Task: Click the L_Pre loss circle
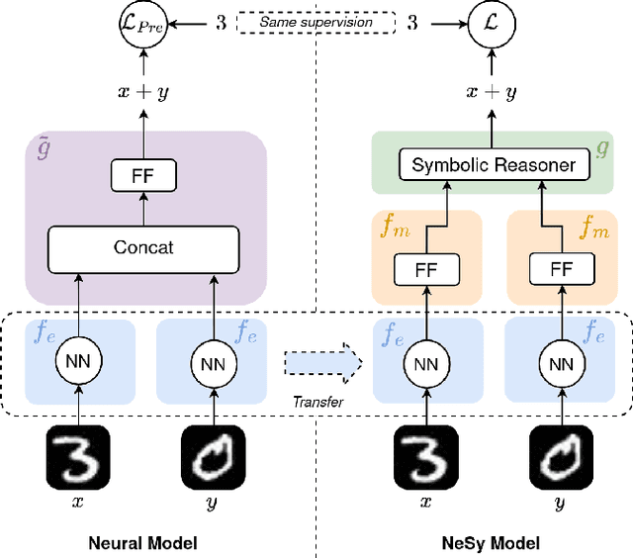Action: pyautogui.click(x=143, y=22)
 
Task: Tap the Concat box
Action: pyautogui.click(x=144, y=246)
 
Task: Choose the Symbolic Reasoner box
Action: pyautogui.click(x=493, y=164)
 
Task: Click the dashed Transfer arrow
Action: pyautogui.click(x=321, y=361)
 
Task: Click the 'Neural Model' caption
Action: pyautogui.click(x=144, y=542)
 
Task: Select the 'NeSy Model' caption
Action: pyautogui.click(x=492, y=542)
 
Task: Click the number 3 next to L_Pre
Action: pyautogui.click(x=221, y=21)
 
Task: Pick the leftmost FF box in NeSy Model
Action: pyautogui.click(x=423, y=268)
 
